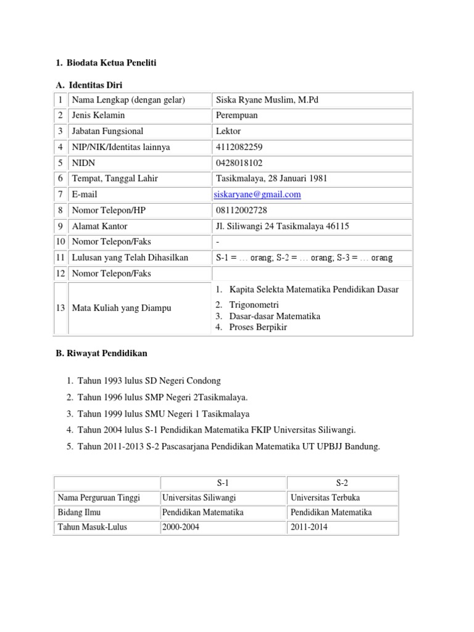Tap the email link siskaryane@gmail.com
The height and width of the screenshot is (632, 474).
258,194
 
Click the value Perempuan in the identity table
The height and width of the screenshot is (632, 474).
237,115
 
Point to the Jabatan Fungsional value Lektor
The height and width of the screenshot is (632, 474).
228,131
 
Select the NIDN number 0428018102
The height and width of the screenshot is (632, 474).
239,163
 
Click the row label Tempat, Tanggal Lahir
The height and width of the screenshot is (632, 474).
115,178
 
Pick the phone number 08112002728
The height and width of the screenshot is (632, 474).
241,210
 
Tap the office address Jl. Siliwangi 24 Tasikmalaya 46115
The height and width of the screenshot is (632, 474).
282,226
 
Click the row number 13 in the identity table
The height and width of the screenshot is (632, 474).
60,308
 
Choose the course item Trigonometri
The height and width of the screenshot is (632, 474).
254,305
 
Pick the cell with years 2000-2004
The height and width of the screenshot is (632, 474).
183,527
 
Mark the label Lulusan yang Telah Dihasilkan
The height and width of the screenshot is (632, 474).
130,257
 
